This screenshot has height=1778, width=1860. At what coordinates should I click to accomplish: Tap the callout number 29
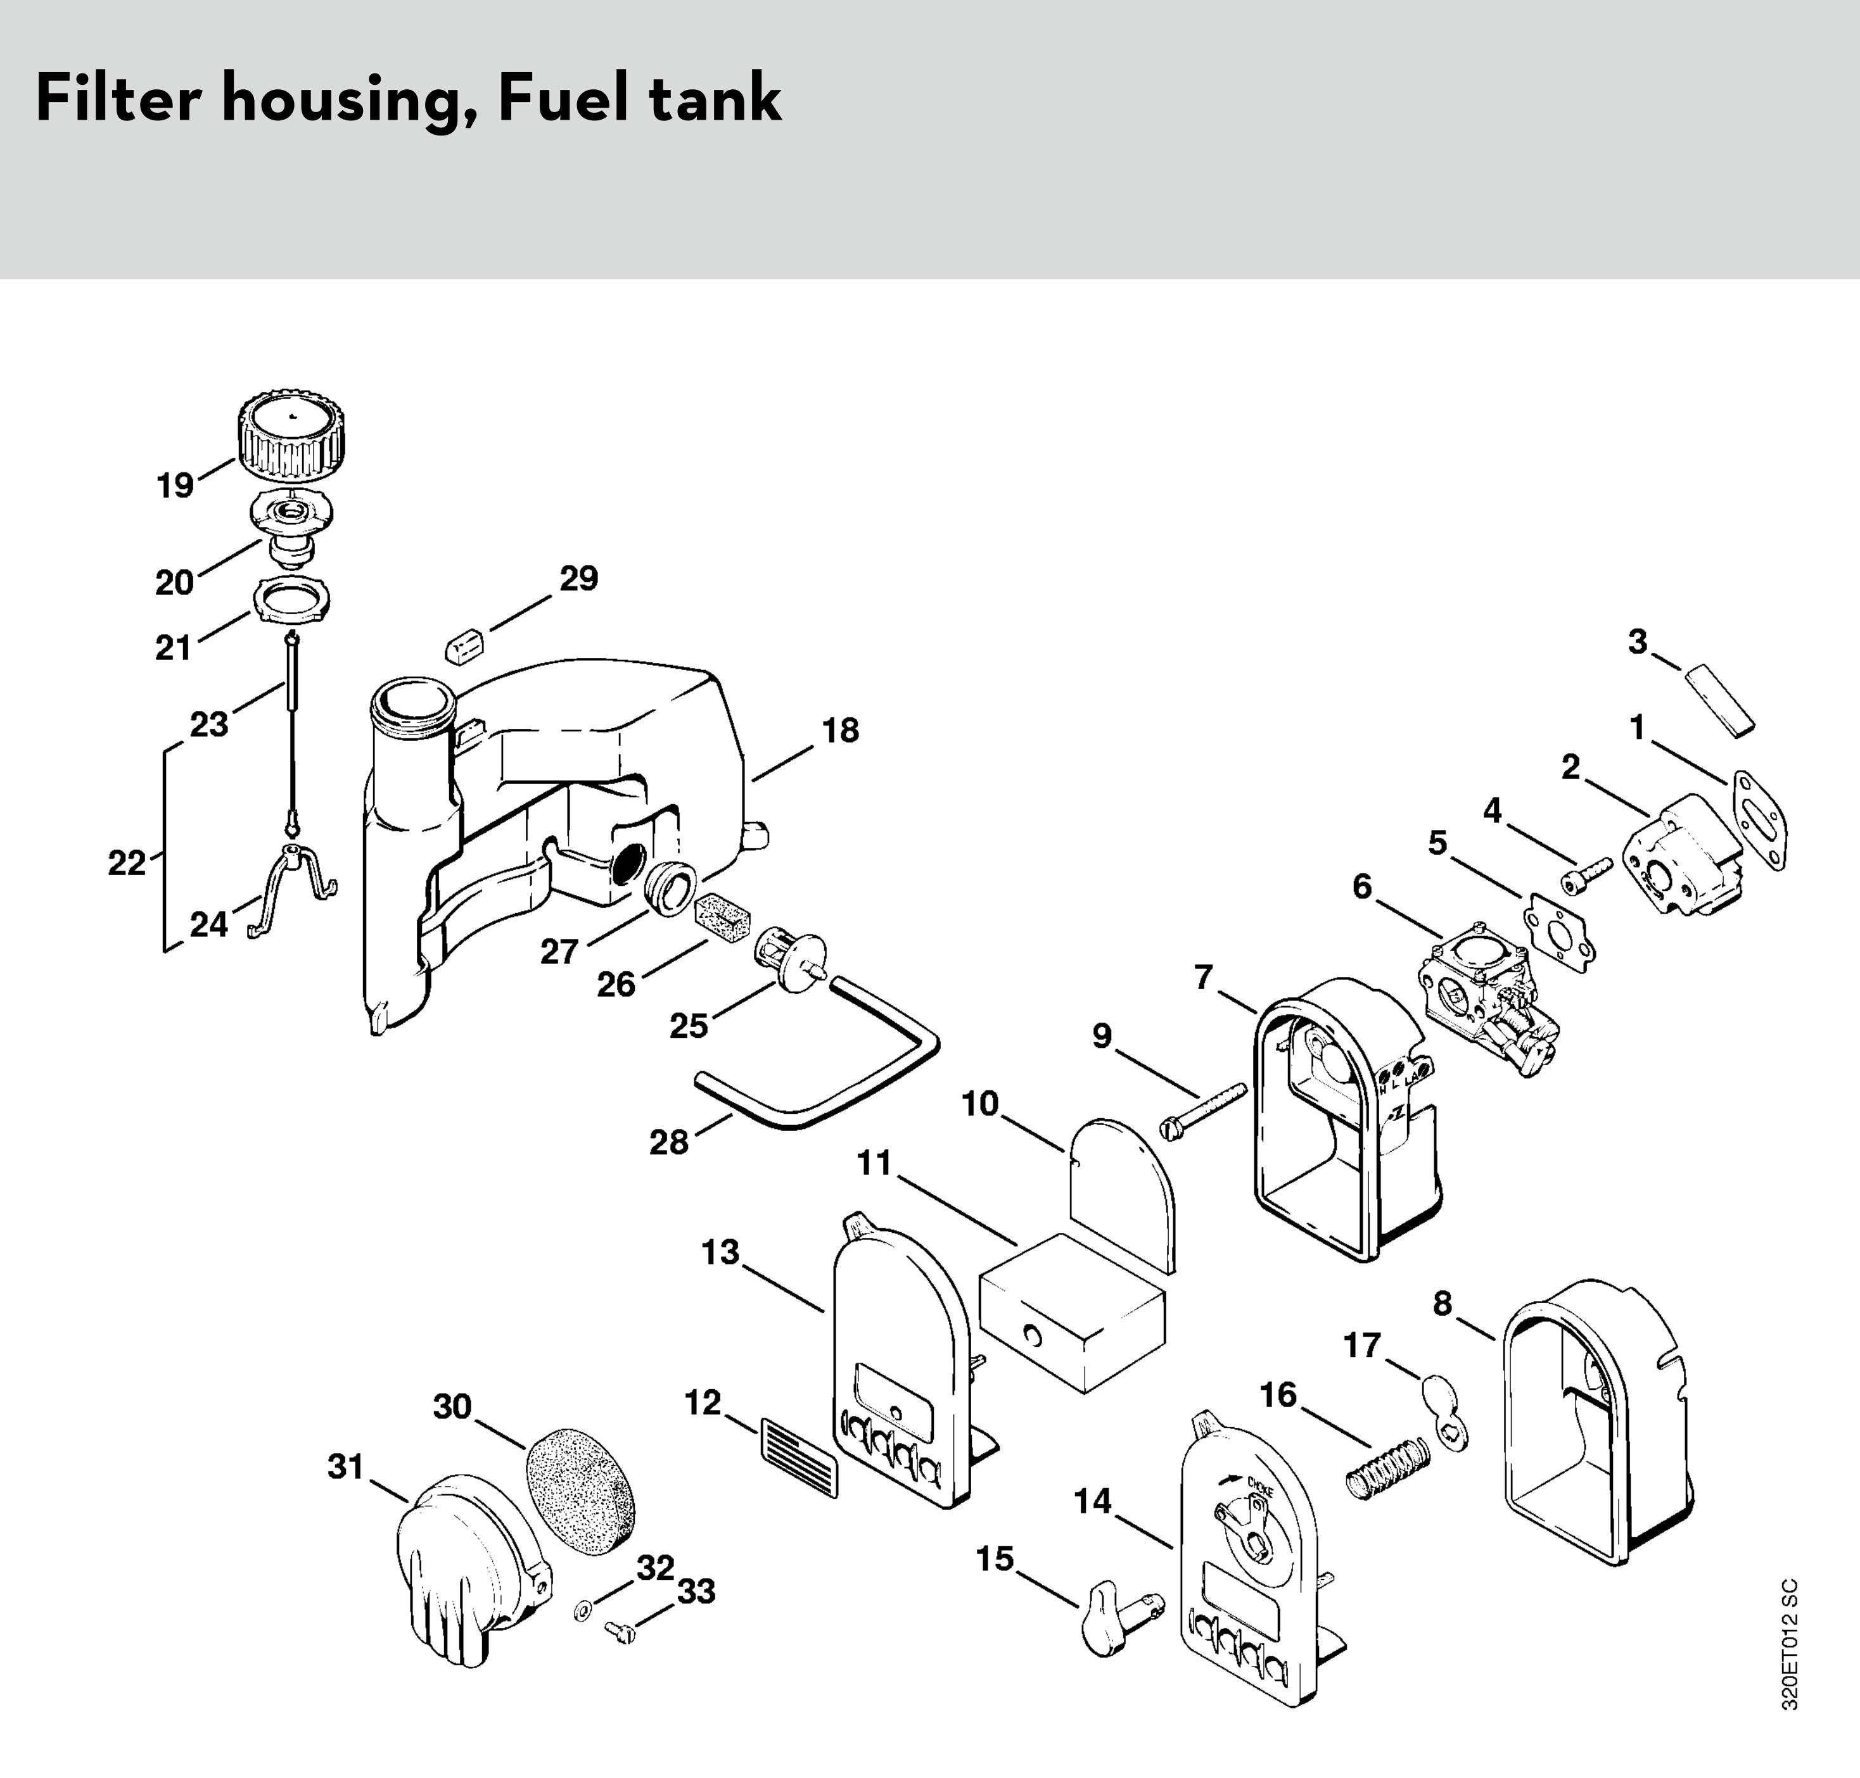[578, 578]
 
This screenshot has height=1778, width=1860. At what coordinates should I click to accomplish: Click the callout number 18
[840, 730]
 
